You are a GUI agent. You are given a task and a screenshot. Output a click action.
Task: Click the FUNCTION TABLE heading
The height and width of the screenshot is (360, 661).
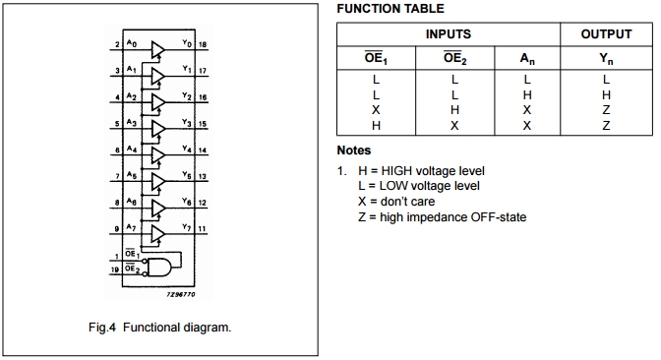click(391, 9)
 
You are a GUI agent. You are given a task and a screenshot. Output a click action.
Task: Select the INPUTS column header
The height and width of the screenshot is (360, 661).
click(448, 33)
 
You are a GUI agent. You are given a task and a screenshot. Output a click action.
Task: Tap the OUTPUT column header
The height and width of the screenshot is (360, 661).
click(606, 33)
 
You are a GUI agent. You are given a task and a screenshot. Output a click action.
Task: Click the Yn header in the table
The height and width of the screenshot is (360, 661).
click(606, 58)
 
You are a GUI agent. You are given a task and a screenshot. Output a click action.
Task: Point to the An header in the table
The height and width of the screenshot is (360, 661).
click(527, 58)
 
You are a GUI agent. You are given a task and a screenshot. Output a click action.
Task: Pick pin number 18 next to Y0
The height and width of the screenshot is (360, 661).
click(203, 45)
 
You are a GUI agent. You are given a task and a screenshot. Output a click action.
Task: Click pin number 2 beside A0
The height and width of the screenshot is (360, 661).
click(116, 45)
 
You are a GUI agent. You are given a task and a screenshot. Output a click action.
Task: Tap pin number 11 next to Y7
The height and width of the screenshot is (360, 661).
click(202, 229)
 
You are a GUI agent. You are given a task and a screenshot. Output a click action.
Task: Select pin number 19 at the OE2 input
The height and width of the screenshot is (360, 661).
click(115, 268)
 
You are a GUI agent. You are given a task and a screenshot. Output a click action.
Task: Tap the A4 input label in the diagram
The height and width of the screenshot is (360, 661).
click(133, 150)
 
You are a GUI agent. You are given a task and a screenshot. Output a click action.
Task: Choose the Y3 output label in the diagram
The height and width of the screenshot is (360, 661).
click(187, 123)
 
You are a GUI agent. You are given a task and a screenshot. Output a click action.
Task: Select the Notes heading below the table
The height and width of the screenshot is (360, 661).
click(354, 150)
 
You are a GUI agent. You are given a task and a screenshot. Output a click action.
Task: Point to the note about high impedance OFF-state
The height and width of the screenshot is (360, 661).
click(442, 216)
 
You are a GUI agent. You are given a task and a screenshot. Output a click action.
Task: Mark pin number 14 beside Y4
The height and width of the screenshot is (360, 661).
click(203, 150)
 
